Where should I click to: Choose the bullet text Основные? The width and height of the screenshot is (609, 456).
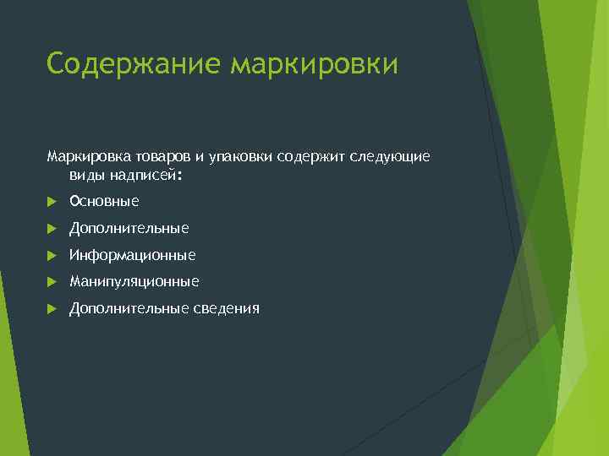[x=104, y=201]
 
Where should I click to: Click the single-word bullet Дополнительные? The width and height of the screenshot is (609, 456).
[x=129, y=228]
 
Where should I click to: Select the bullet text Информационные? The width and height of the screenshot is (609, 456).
[x=132, y=255]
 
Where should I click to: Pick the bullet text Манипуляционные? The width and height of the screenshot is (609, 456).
[x=134, y=281]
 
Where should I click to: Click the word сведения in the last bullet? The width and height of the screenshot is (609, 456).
[x=227, y=308]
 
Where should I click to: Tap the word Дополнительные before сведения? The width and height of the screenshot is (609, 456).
[x=129, y=308]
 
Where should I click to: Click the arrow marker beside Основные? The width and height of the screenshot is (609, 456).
[x=52, y=202]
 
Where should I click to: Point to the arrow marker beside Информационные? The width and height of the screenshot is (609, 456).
[x=52, y=255]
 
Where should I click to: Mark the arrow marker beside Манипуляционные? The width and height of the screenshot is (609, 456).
[x=52, y=282]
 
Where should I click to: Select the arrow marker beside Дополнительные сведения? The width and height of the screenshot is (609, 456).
[x=52, y=309]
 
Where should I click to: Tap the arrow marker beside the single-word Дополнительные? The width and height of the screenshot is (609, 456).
[x=52, y=229]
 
